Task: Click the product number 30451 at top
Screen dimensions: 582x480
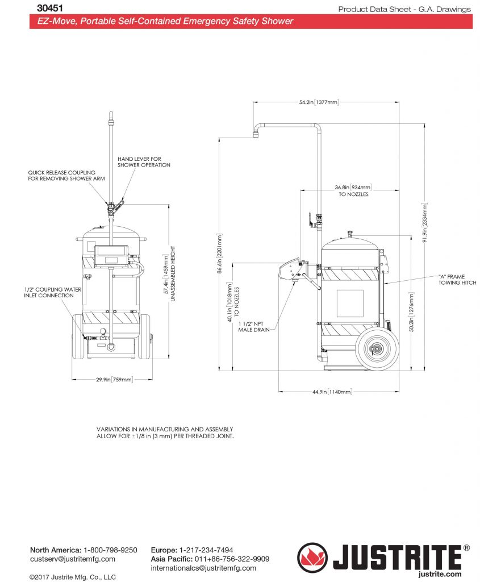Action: click(49, 9)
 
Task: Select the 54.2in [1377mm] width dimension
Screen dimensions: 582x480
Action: click(319, 102)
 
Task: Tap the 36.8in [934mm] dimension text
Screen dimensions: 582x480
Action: click(353, 187)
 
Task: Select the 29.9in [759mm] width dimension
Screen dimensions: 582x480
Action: click(113, 380)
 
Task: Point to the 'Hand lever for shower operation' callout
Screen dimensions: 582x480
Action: click(144, 162)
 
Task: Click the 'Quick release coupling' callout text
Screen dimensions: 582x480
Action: click(62, 175)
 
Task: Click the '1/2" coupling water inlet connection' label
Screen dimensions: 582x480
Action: click(52, 293)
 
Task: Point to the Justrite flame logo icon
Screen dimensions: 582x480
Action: click(312, 557)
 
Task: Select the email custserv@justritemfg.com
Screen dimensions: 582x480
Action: click(72, 559)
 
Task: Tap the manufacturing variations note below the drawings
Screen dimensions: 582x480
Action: click(165, 433)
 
